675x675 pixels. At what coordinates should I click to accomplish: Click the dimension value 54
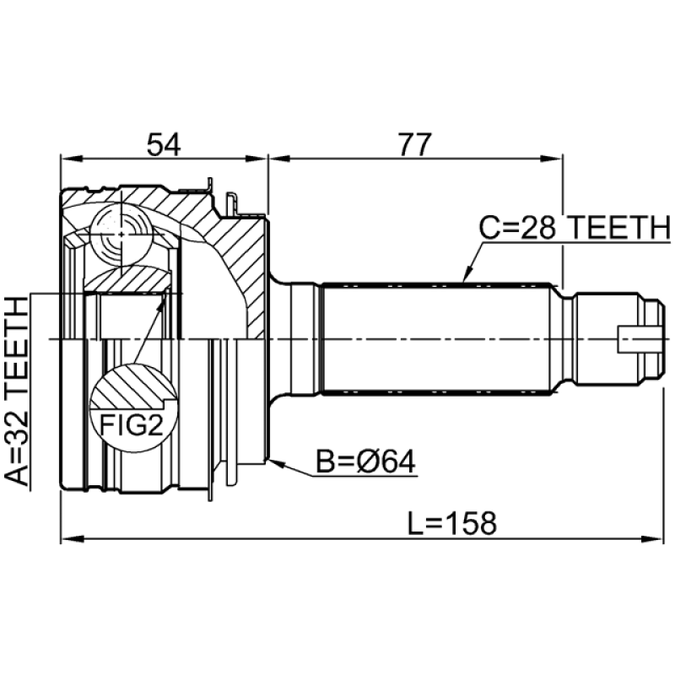164,144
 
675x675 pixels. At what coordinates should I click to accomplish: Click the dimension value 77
413,144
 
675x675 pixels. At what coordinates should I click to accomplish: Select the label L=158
451,523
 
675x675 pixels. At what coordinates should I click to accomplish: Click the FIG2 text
131,424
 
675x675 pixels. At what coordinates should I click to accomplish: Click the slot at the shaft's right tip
638,339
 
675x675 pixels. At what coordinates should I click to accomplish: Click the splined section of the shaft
439,337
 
